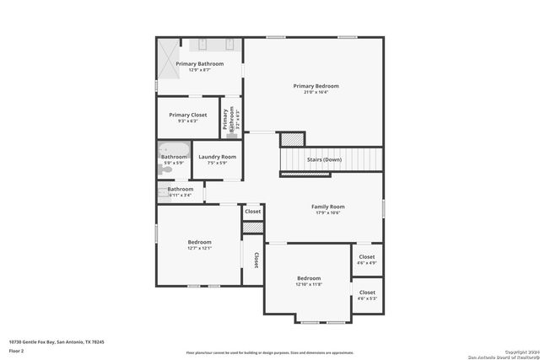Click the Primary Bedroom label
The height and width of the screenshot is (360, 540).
click(x=316, y=86)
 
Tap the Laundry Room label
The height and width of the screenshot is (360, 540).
click(x=217, y=157)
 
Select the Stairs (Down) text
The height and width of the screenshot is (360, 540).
click(x=324, y=159)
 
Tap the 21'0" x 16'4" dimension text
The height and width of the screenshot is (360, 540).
click(x=316, y=93)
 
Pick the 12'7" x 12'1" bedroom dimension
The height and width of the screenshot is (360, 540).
click(x=199, y=249)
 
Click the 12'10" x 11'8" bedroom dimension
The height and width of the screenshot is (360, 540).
click(x=309, y=285)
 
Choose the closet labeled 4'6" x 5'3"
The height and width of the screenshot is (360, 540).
click(x=366, y=295)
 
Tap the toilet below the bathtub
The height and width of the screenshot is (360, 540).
click(x=164, y=169)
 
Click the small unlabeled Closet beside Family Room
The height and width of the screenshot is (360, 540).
click(x=253, y=212)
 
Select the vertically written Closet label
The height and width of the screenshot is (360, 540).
click(x=255, y=259)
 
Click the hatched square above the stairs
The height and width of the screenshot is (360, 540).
click(x=291, y=138)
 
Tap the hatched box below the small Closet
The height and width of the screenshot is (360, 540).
click(x=253, y=228)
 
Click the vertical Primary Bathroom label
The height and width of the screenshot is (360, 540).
click(x=226, y=119)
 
